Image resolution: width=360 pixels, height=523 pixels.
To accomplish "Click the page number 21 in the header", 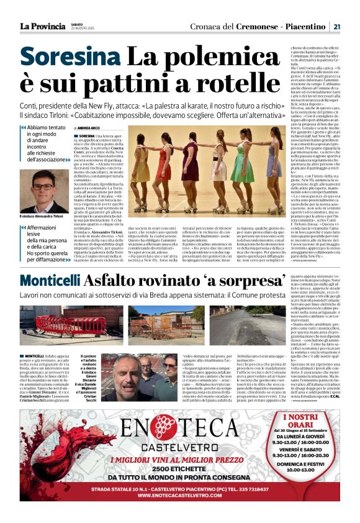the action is (x=336, y=27).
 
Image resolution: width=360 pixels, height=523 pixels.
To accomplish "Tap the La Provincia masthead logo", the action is (x=42, y=27).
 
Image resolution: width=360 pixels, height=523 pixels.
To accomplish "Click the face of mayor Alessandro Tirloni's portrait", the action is (x=43, y=187).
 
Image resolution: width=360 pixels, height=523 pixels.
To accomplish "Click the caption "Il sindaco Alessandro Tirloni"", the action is (x=43, y=216).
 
